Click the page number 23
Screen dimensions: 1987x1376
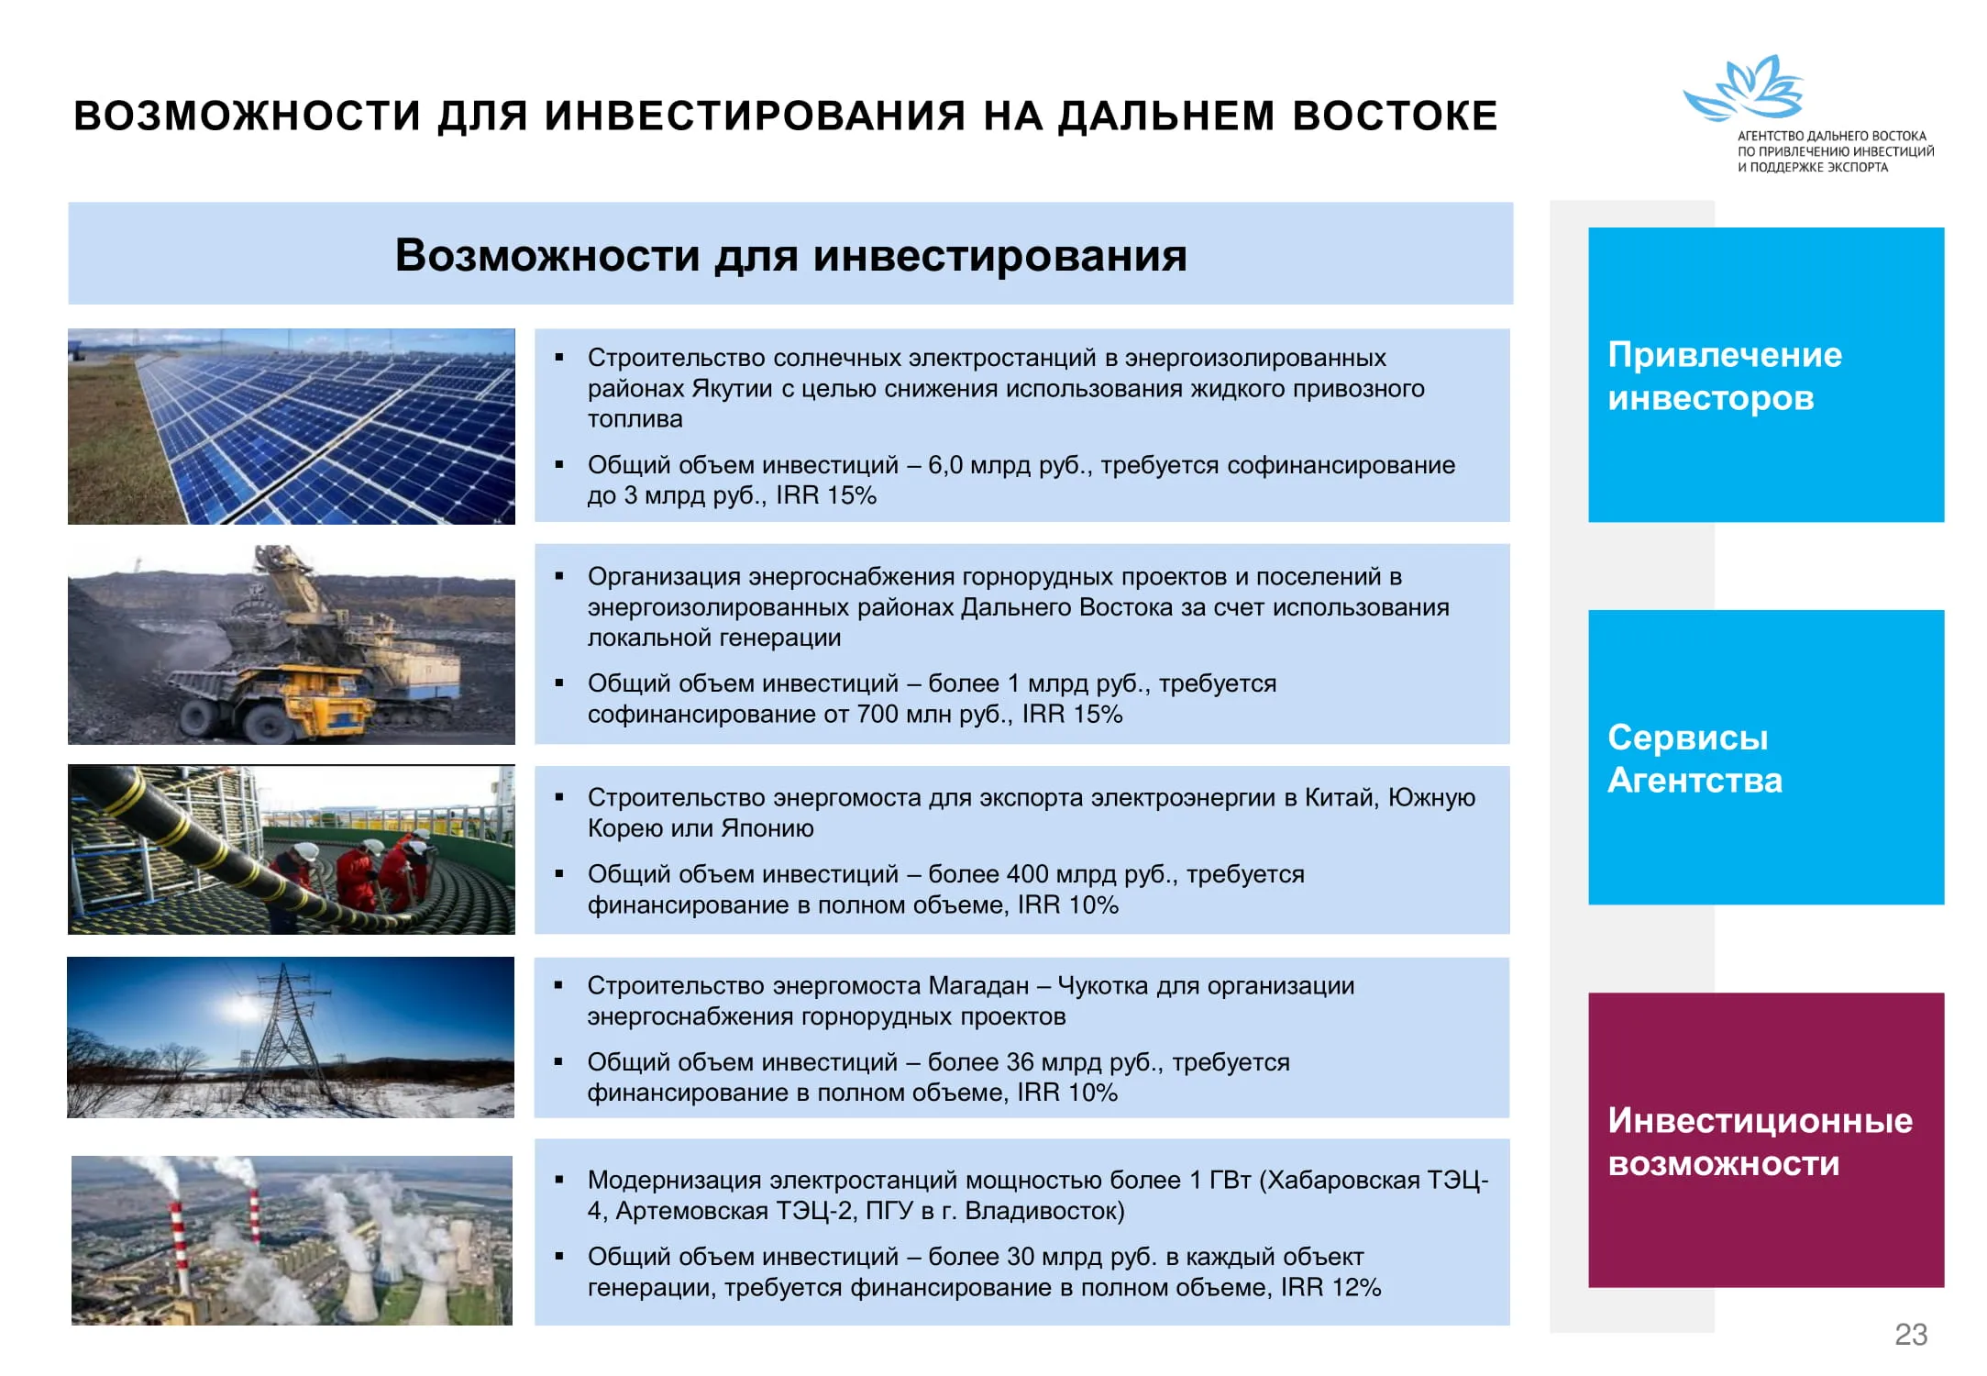click(1911, 1334)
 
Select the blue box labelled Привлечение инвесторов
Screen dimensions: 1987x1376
click(1766, 374)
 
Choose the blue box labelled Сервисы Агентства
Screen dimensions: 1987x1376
click(1766, 757)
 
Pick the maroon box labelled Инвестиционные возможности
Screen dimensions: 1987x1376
click(1766, 1139)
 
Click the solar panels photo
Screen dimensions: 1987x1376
click(292, 427)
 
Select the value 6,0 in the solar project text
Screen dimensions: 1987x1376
click(944, 465)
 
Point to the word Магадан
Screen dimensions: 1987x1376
click(978, 986)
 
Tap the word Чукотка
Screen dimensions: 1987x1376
click(1103, 986)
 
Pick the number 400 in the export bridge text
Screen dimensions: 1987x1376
click(1027, 874)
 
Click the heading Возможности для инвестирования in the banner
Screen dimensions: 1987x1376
click(790, 256)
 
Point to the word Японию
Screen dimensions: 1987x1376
click(767, 829)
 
